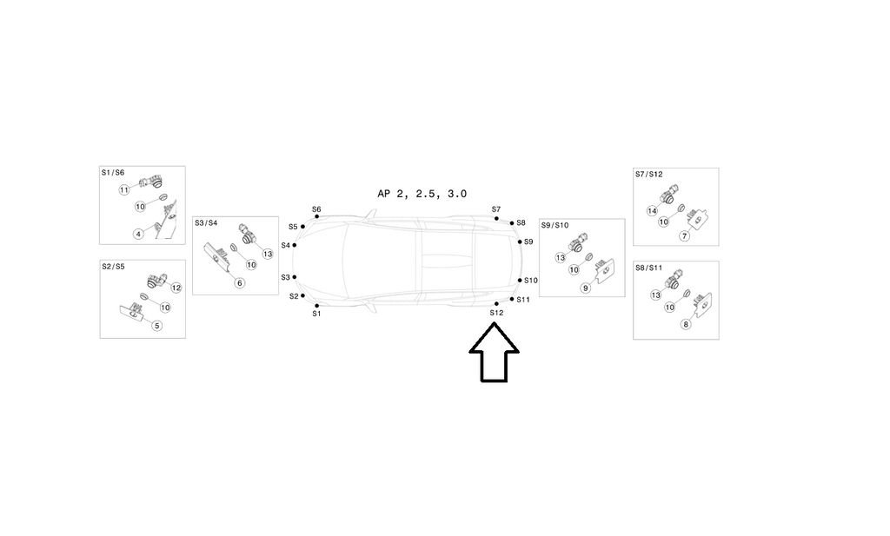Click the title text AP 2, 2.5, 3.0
point(422,194)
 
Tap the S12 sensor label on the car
point(496,313)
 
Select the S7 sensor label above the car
point(496,209)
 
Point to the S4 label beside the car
point(285,245)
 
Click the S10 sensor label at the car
point(531,281)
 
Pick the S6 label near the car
point(316,209)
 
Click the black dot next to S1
point(316,306)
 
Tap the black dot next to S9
point(520,242)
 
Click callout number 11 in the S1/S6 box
point(124,190)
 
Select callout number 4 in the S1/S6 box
point(138,234)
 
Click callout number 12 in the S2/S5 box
point(176,288)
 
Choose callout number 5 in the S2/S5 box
point(157,326)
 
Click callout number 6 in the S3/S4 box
point(240,283)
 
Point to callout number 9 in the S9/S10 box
point(586,288)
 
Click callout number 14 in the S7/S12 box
point(652,211)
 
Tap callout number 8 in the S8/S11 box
point(686,324)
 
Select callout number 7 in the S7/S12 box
point(685,236)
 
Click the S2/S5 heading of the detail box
point(113,267)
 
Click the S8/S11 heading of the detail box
point(648,268)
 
